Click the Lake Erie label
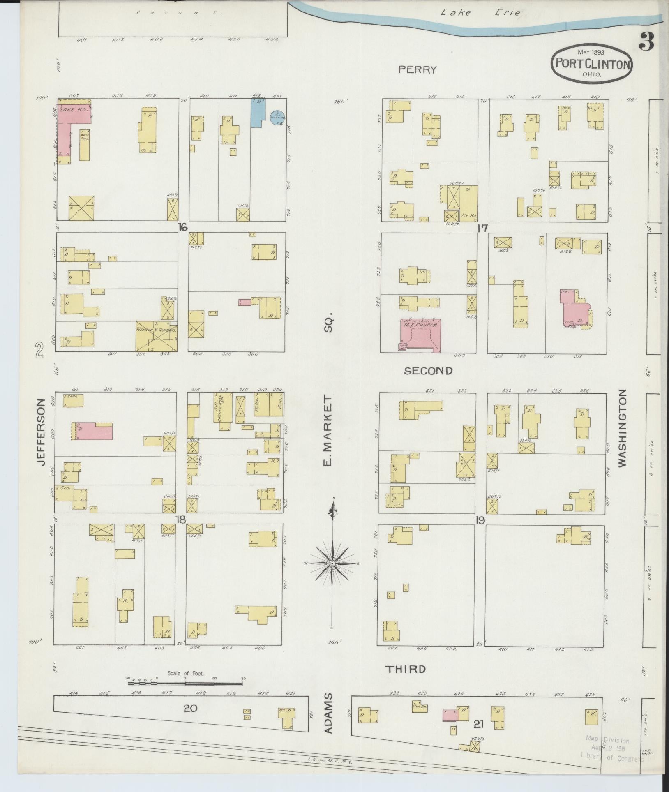coord(480,13)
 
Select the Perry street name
coord(417,69)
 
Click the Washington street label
coord(621,427)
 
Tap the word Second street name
coord(428,371)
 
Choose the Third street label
coord(405,669)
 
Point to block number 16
coord(183,227)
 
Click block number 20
coord(191,708)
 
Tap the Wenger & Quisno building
coord(157,336)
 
